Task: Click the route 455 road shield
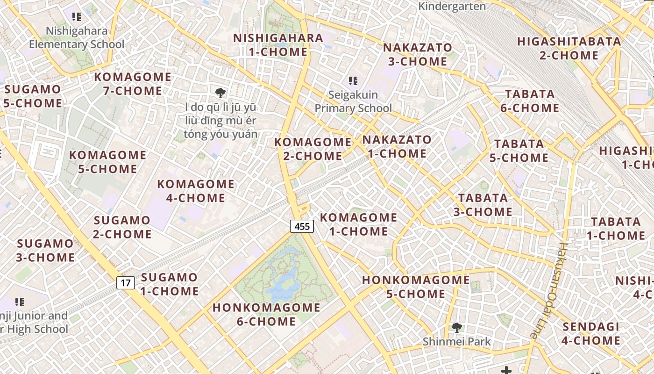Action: click(x=302, y=227)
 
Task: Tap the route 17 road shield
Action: click(x=125, y=283)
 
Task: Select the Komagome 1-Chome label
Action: click(x=358, y=224)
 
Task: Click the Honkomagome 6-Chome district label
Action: click(x=266, y=315)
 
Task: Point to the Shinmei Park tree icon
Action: click(x=456, y=328)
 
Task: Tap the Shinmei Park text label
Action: click(x=456, y=342)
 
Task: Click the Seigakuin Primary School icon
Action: click(x=353, y=81)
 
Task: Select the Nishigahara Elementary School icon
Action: click(x=77, y=17)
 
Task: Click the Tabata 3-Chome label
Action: click(x=483, y=205)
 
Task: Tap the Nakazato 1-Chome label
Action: click(x=397, y=146)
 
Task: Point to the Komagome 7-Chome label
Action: click(x=133, y=84)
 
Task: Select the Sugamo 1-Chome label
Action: click(x=170, y=284)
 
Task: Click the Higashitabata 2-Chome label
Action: click(x=569, y=48)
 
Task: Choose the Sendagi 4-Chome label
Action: click(x=591, y=333)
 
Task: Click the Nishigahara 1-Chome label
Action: click(x=278, y=45)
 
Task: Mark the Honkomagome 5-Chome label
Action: click(x=416, y=287)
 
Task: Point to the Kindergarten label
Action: click(x=452, y=7)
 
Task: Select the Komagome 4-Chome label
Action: click(x=196, y=191)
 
